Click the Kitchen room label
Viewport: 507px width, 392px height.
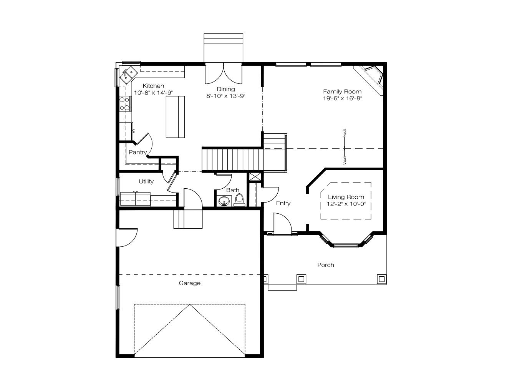(153, 86)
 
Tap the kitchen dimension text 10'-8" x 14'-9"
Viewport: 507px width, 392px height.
(153, 93)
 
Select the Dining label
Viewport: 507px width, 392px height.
(225, 89)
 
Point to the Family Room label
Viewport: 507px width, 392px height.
(342, 91)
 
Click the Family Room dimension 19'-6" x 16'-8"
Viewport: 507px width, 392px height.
(342, 98)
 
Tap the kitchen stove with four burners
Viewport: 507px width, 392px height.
(125, 104)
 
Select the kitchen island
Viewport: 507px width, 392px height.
(175, 117)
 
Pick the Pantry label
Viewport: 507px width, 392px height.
(138, 153)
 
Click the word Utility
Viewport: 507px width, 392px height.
(146, 181)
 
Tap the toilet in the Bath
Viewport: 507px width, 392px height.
(239, 200)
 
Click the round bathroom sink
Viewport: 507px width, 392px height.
(224, 201)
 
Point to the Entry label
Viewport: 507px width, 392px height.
(283, 203)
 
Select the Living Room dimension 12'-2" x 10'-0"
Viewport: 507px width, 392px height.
(346, 204)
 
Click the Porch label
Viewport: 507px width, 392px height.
(326, 265)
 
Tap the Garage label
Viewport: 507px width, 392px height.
(190, 283)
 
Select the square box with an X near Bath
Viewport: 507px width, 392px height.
(255, 176)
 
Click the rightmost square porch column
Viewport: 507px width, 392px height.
(382, 279)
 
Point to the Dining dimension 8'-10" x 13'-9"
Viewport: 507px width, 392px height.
(225, 96)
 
